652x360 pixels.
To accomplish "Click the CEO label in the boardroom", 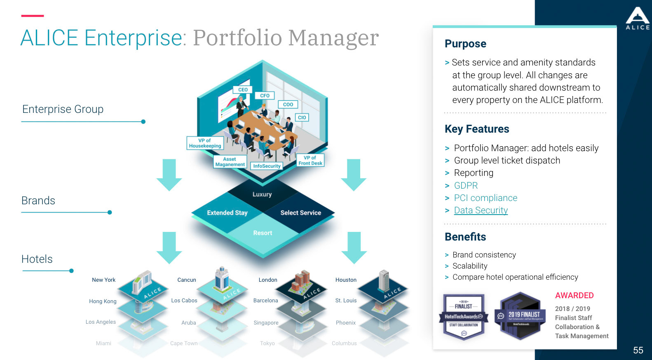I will [x=243, y=89].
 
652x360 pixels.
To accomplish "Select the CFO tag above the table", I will [x=265, y=96].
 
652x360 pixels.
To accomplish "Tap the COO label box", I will [x=288, y=105].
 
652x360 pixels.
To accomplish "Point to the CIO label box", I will [x=302, y=117].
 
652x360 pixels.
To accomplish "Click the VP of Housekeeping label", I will [x=205, y=143].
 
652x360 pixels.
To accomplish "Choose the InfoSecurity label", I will [x=267, y=166].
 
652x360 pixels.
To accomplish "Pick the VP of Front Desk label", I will [x=310, y=160].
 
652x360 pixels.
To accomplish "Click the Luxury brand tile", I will [x=262, y=194].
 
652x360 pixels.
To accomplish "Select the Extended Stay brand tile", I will [x=227, y=213].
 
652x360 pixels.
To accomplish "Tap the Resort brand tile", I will [x=263, y=233].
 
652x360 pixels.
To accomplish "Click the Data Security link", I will [x=481, y=210].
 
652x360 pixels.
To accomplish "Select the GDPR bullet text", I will [x=466, y=186].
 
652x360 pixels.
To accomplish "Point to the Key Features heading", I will [x=477, y=129].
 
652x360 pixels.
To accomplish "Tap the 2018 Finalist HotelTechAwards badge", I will [x=464, y=316].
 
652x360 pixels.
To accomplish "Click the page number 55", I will [x=638, y=350].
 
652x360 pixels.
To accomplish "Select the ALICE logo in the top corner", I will [x=638, y=19].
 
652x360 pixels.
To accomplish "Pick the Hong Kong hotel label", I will [x=103, y=301].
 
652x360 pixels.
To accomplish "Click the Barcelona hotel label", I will [x=265, y=300].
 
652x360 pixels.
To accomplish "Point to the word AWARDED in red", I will [x=574, y=295].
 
